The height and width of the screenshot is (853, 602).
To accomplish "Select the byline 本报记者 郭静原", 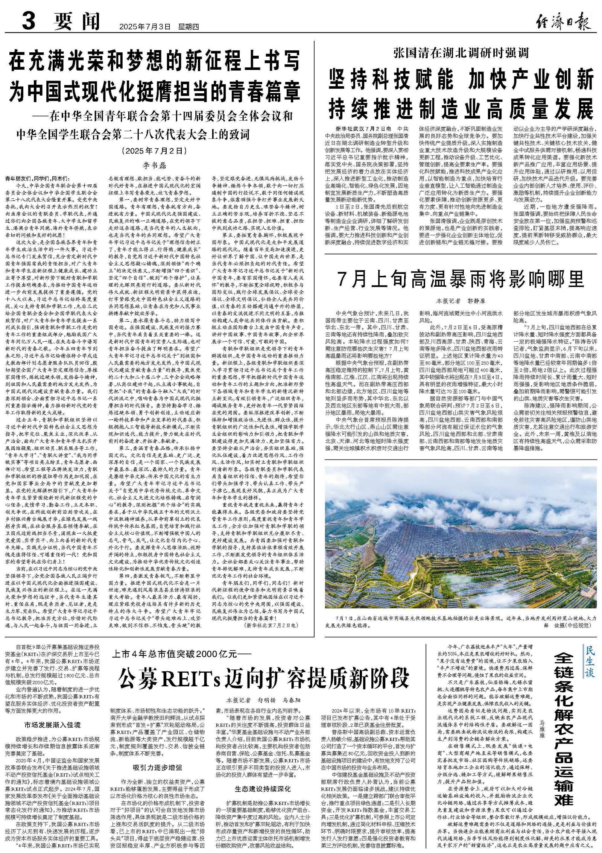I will [461, 301].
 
